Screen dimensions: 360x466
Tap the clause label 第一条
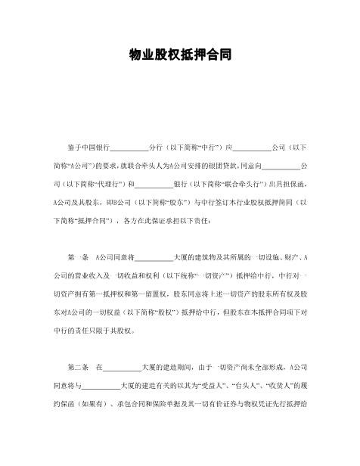(78, 258)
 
